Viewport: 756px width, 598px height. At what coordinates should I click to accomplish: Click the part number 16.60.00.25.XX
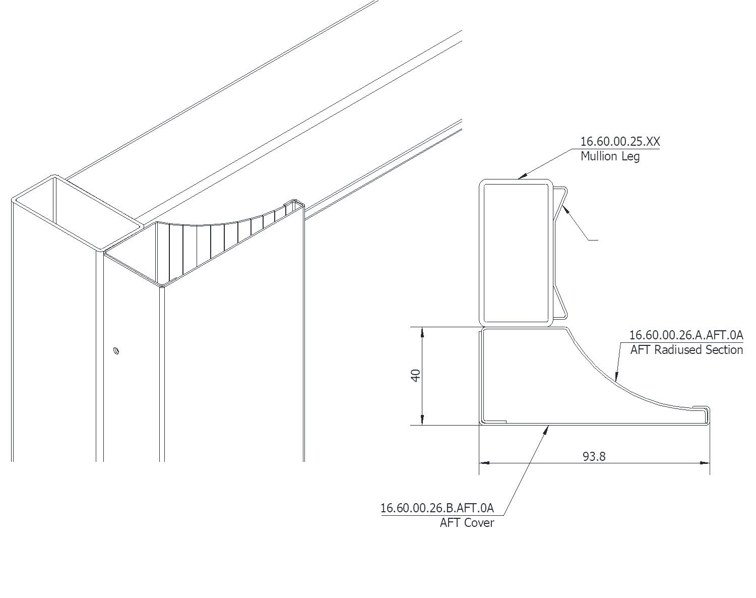click(619, 142)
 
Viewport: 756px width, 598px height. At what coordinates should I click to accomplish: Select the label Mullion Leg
click(610, 156)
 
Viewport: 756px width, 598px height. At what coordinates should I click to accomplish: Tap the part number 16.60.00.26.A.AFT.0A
click(686, 335)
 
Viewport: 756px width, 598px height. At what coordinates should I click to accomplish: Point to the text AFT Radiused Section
click(686, 350)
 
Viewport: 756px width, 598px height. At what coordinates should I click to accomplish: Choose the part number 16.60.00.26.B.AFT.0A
click(437, 508)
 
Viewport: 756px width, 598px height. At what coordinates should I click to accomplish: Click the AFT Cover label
click(467, 522)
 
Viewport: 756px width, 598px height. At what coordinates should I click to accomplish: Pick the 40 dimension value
click(416, 376)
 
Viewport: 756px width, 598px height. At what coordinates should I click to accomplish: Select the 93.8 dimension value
click(594, 456)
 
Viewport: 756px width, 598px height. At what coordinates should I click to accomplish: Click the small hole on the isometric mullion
click(116, 350)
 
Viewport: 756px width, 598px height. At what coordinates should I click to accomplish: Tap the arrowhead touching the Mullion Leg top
click(522, 176)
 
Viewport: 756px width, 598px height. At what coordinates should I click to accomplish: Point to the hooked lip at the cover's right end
click(705, 411)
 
